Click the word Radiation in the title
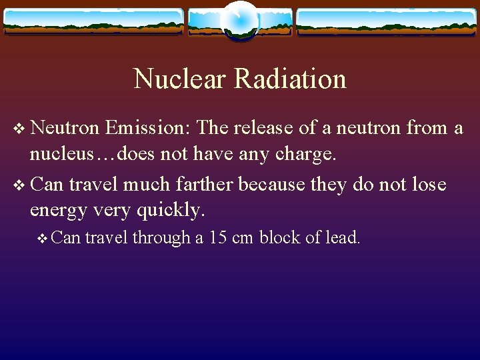290,79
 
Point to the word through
161,237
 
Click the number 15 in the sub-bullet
217,237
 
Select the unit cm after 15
243,237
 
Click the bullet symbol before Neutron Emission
18,128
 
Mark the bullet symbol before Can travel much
18,183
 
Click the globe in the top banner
239,20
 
